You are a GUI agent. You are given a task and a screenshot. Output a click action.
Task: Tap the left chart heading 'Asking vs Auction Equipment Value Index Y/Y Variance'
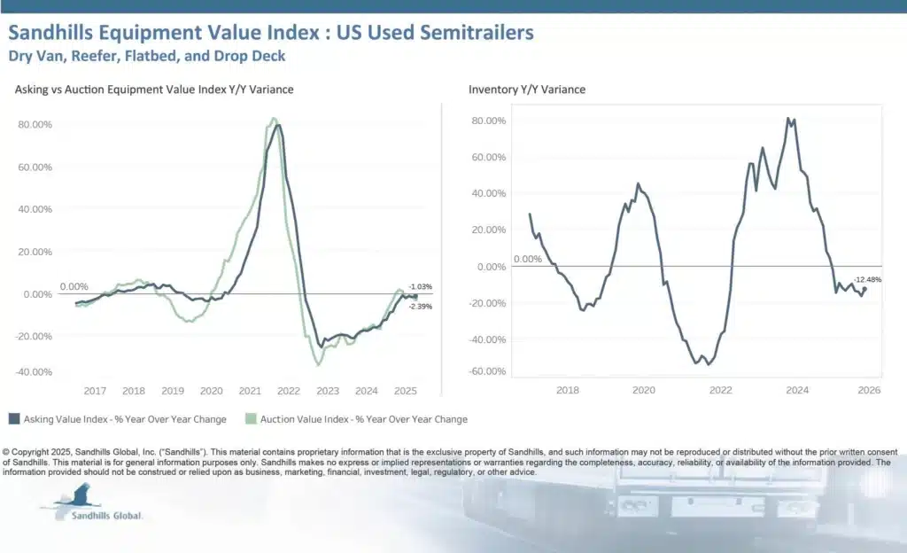click(154, 90)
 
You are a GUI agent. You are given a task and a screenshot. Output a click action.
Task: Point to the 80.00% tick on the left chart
click(35, 124)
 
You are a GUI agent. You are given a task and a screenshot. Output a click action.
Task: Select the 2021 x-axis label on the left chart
click(250, 391)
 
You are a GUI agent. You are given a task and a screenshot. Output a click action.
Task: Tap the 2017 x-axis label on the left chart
click(95, 391)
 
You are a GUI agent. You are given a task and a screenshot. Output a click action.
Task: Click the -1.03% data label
click(420, 286)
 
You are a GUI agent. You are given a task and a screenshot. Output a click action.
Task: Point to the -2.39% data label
click(420, 306)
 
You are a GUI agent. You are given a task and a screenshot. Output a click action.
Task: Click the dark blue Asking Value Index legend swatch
click(14, 419)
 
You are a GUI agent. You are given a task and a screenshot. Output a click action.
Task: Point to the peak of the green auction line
click(273, 119)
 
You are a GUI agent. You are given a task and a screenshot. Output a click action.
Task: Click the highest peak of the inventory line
click(787, 118)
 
